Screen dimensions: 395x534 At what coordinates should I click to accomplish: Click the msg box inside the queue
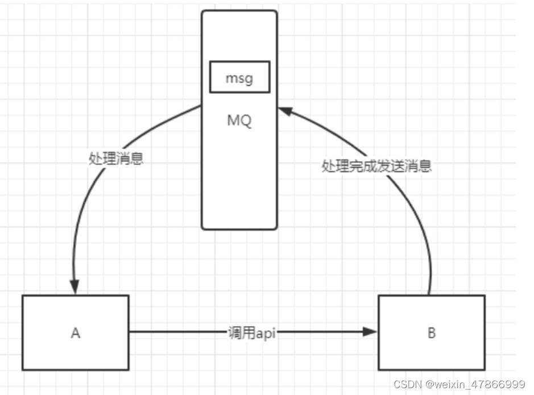point(239,78)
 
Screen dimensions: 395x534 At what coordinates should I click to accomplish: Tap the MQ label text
point(239,121)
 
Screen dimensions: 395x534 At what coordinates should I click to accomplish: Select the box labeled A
point(76,332)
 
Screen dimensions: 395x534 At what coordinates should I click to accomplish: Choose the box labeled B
point(431,332)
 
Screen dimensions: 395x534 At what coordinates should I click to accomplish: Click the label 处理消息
point(116,159)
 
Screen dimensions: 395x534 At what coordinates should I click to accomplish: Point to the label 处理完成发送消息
point(376,166)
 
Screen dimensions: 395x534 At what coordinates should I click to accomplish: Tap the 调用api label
point(251,333)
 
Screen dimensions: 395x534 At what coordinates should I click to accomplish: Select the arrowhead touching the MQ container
point(285,111)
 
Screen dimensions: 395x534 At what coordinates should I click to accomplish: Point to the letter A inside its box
point(76,333)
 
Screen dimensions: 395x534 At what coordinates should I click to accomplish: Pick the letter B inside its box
point(431,333)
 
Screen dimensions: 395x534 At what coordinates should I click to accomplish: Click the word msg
point(239,78)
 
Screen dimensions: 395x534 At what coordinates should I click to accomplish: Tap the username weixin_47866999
point(475,384)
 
